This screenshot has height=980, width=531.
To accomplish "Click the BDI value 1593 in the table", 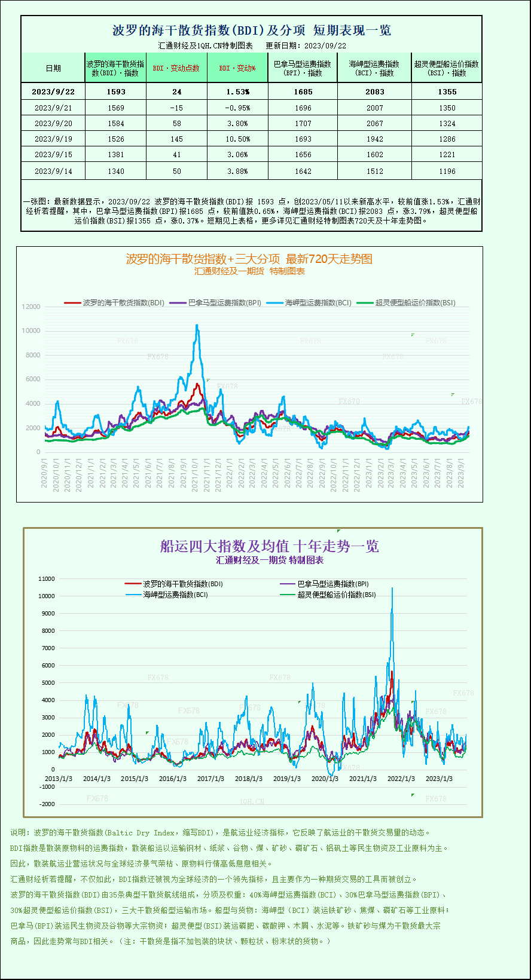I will pos(116,92).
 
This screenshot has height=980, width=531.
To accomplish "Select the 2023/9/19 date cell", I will pos(53,139).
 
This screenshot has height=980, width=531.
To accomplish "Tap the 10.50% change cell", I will pos(237,139).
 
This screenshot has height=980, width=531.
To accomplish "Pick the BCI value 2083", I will pos(375,92).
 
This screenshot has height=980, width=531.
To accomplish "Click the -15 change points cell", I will pos(176,108).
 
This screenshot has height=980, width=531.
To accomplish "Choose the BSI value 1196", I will pos(447,171).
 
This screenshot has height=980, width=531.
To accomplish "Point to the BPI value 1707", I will pos(303,124).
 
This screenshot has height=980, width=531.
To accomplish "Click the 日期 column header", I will pos(53,68).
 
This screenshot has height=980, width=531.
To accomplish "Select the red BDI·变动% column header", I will pos(237,68).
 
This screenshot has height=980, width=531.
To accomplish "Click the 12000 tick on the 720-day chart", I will pos(31,307).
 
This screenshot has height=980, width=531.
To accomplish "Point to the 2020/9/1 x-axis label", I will pos(44,473).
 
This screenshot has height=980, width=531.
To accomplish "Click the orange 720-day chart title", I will pos(249,259).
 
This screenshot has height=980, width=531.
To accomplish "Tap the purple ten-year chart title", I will pos(269,546).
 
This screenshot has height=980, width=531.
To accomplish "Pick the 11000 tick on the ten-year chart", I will pos(46,578).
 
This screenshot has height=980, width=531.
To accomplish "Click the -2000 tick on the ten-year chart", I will pos(47,804).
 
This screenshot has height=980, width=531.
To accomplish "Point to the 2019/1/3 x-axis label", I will pos(287,779).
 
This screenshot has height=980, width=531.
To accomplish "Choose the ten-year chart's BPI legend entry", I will pos(332,584).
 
